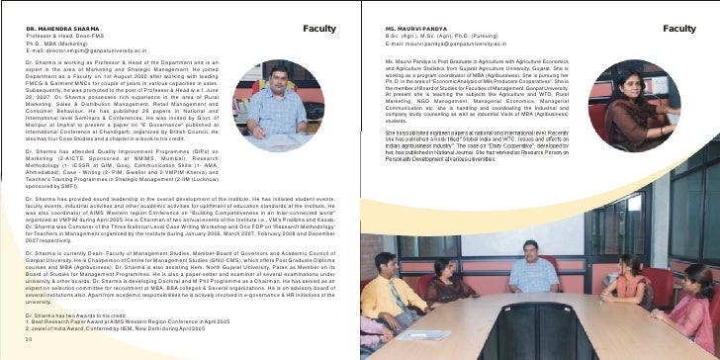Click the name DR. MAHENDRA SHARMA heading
pos(60,29)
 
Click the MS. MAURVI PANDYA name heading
pos(415,29)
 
